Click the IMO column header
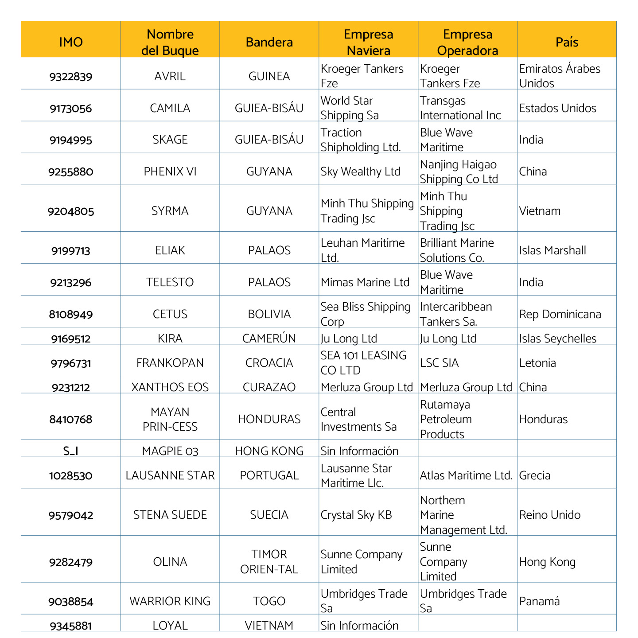(71, 42)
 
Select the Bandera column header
(269, 42)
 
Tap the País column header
(567, 42)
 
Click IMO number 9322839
(71, 77)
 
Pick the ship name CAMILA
(170, 108)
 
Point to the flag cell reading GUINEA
(269, 76)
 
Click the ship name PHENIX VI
(170, 171)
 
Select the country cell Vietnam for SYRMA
(540, 211)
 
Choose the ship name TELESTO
(170, 282)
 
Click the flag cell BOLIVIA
(269, 314)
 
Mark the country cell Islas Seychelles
(558, 338)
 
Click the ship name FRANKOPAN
(170, 363)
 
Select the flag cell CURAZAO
(269, 387)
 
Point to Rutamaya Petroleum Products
(446, 419)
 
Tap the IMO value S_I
(71, 451)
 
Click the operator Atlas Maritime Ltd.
(466, 475)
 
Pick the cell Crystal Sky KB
(356, 515)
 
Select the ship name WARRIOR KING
(170, 601)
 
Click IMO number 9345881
(71, 626)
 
